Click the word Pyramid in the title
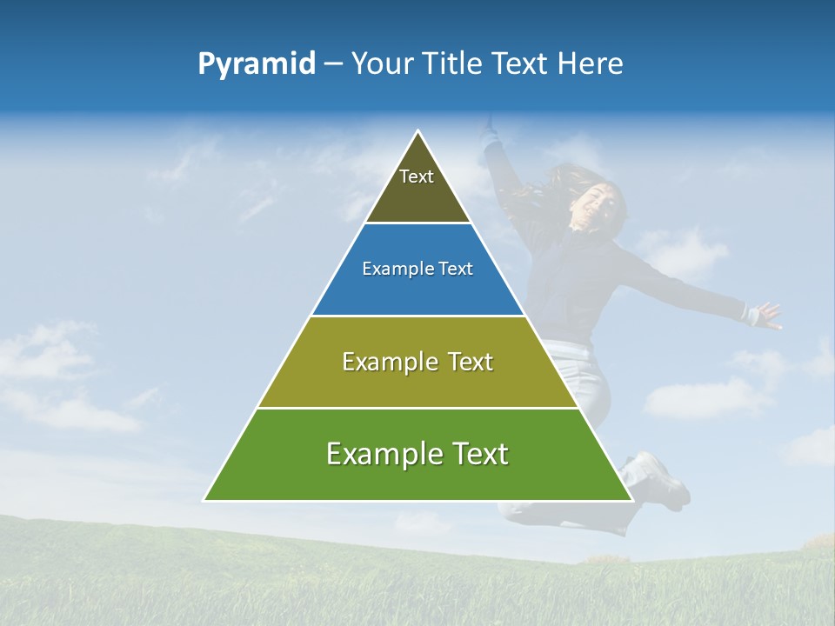257,64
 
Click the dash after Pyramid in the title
333,64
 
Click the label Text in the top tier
417,176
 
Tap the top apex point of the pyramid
418,131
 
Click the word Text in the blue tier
457,270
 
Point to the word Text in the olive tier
470,362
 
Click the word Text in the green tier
479,454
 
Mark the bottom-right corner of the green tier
631,500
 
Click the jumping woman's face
602,207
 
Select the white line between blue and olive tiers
417,316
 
